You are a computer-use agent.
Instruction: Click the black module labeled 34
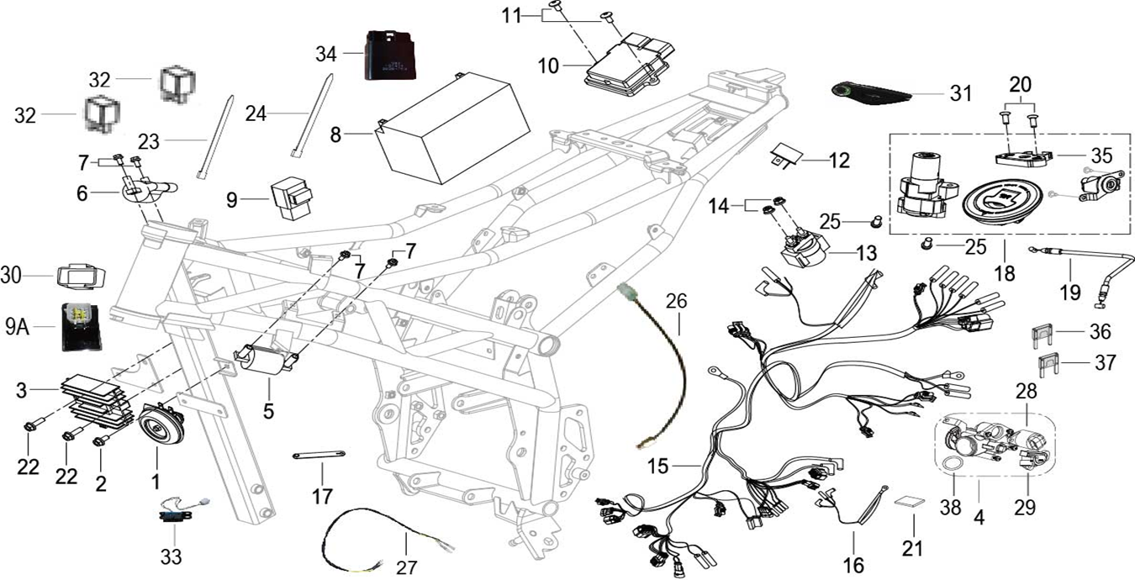pyautogui.click(x=391, y=55)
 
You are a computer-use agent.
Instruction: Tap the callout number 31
pyautogui.click(x=959, y=93)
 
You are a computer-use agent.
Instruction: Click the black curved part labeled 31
pyautogui.click(x=871, y=93)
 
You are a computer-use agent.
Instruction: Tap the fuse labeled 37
pyautogui.click(x=1047, y=364)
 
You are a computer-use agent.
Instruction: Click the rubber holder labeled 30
pyautogui.click(x=80, y=276)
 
